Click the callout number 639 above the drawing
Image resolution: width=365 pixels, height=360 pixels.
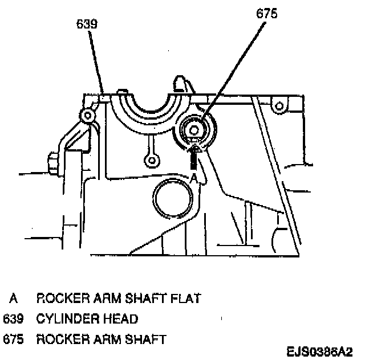tap(87, 24)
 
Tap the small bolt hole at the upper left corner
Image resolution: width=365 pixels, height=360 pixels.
tap(88, 116)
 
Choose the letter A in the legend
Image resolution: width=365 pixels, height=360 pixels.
tap(13, 298)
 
